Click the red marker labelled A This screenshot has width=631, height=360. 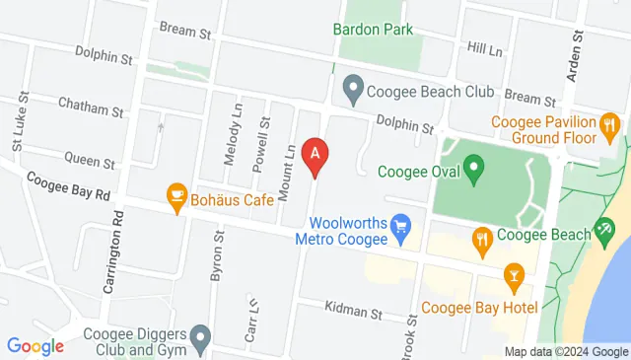(315, 155)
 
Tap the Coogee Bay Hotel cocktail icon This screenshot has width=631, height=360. (513, 278)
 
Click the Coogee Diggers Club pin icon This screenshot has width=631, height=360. (199, 340)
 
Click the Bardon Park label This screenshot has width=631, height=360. (373, 30)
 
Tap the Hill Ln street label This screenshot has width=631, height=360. (485, 47)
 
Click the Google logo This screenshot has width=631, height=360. (35, 346)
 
